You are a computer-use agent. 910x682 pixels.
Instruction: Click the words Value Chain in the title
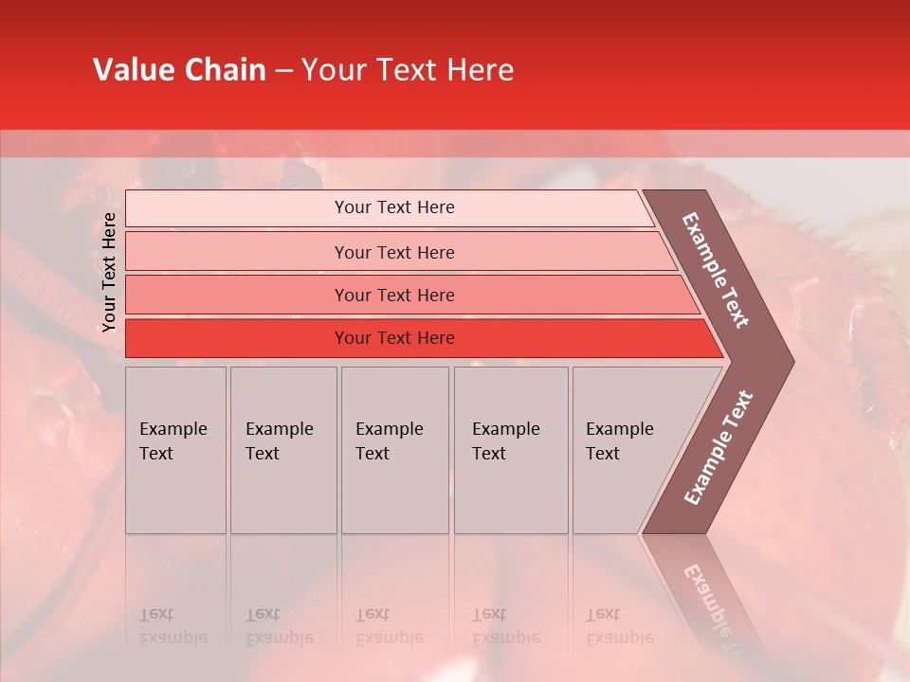179,70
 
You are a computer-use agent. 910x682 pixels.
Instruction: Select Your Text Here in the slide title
408,70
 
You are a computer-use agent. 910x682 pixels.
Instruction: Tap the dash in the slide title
283,71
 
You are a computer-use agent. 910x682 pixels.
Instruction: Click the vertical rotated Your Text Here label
109,273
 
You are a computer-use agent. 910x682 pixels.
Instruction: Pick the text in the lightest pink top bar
394,207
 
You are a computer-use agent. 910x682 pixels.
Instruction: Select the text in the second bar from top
394,253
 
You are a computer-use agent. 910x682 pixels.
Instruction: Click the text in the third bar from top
394,296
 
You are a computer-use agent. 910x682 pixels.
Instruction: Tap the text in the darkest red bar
394,338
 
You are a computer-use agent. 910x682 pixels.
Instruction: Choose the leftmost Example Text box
175,450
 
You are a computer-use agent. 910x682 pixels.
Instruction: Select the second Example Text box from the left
282,450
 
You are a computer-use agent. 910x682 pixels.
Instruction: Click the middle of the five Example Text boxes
394,450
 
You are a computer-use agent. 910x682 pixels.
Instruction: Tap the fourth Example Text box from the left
510,450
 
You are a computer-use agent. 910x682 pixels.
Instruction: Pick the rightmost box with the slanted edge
626,450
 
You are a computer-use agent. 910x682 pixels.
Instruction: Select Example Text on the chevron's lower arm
719,448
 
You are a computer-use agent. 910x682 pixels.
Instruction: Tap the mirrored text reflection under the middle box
390,626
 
